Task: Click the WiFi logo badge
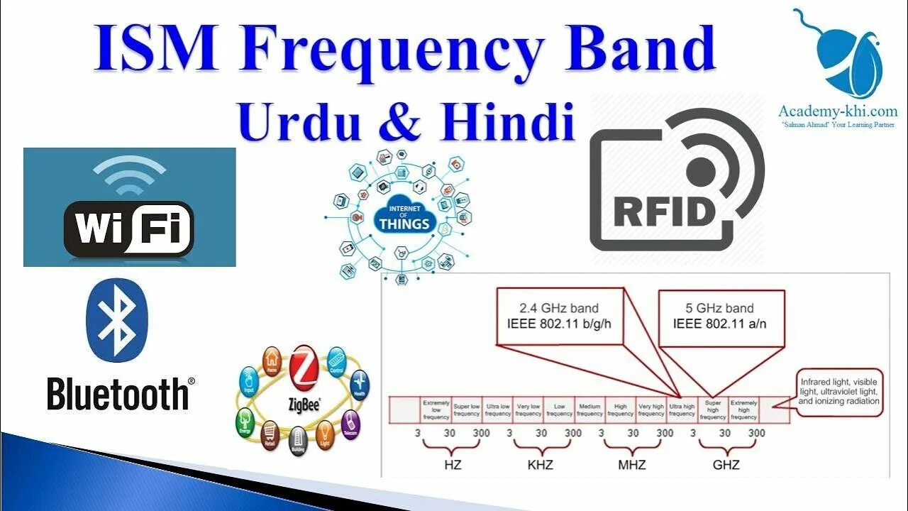[x=128, y=227]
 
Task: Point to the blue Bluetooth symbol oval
[x=116, y=320]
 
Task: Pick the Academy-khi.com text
[x=838, y=111]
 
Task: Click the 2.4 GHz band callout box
[x=560, y=316]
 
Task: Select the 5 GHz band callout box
[x=721, y=316]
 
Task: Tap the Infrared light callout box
[x=838, y=391]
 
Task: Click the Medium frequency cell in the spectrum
[x=589, y=410]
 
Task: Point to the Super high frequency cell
[x=713, y=410]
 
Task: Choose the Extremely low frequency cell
[x=436, y=410]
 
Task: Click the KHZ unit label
[x=540, y=465]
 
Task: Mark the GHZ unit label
[x=726, y=465]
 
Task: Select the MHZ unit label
[x=632, y=465]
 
